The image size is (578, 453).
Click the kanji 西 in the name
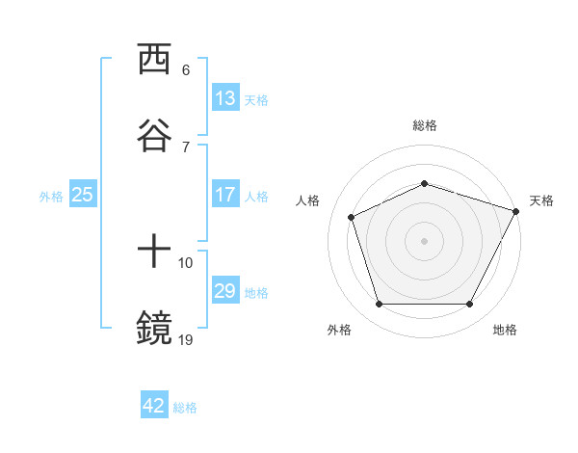click(154, 60)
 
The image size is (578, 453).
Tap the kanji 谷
click(154, 135)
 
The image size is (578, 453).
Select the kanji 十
click(154, 253)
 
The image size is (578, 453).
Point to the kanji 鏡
click(154, 329)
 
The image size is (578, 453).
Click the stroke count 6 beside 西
click(185, 69)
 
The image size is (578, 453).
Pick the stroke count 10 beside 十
click(186, 262)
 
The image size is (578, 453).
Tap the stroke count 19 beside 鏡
click(186, 338)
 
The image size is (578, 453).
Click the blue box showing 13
click(225, 98)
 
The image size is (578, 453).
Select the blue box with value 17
click(225, 195)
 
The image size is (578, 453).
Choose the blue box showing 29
click(225, 291)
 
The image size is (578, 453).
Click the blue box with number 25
click(83, 195)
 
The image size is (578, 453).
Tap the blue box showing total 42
click(154, 406)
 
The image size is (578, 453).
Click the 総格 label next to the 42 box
click(185, 408)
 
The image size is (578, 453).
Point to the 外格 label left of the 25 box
click(51, 197)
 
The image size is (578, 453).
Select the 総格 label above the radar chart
click(425, 125)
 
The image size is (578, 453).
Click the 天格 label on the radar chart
click(541, 200)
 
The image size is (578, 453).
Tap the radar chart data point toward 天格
click(516, 210)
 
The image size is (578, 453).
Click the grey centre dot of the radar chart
click(425, 240)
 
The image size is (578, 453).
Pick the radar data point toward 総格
click(425, 183)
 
